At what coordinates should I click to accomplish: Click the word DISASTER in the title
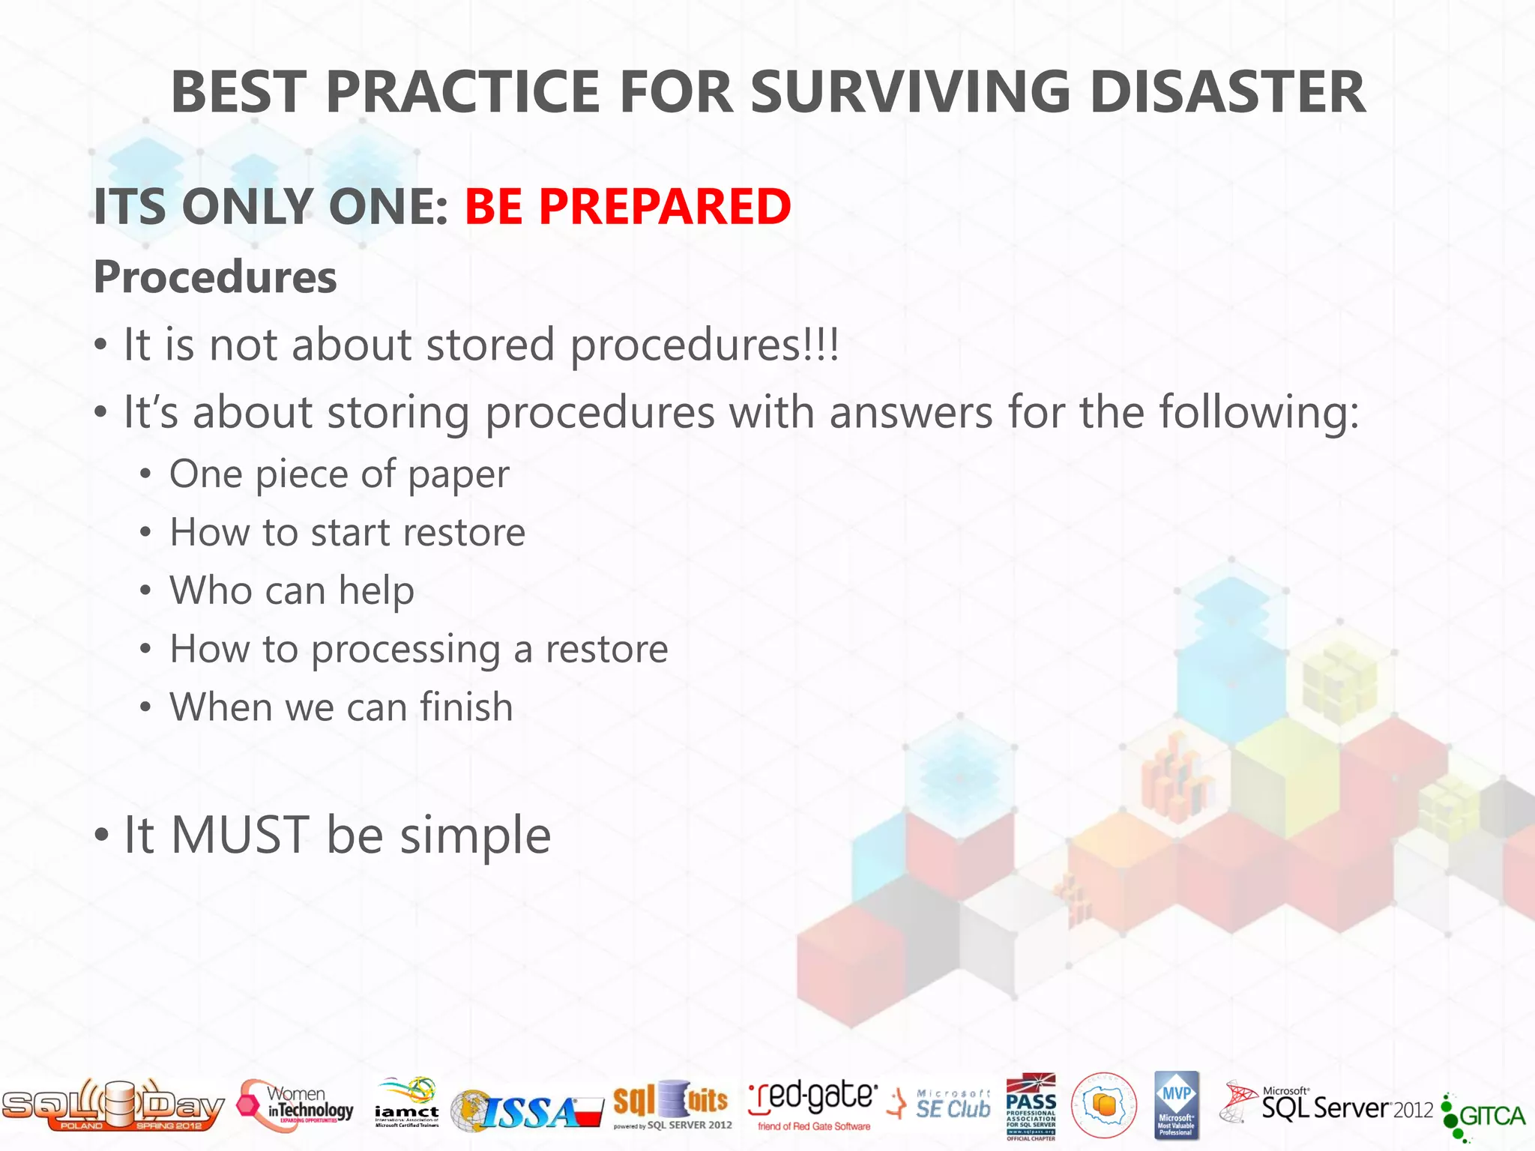pos(1227,92)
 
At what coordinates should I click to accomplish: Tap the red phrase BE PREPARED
pos(627,206)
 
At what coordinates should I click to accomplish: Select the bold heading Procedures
pos(215,277)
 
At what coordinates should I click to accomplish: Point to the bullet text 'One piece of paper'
pos(339,474)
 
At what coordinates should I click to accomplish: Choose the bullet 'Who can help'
pos(292,590)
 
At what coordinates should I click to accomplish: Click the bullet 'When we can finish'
pos(341,707)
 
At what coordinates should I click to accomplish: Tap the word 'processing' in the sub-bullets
pos(405,649)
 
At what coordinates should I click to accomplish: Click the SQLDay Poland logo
pos(112,1105)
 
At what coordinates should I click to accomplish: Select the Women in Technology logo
pos(296,1105)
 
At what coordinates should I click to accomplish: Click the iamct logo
pos(407,1104)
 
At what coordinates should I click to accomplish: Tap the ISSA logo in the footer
pos(527,1110)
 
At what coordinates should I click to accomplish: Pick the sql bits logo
pos(672,1104)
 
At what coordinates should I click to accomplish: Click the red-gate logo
pos(813,1103)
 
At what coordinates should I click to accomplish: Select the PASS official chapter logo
pos(1031,1106)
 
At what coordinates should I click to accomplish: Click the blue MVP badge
pos(1176,1105)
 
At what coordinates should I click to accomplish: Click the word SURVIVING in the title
pos(911,92)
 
